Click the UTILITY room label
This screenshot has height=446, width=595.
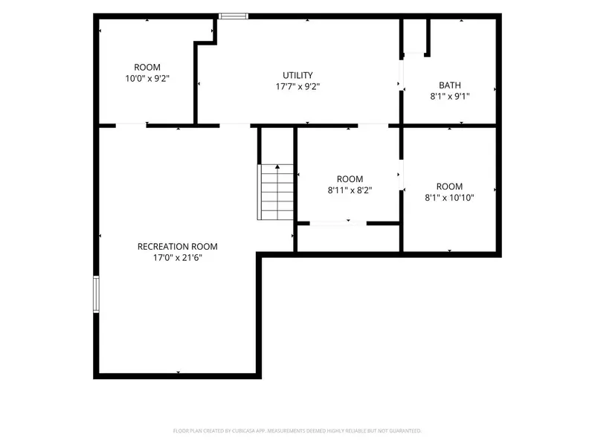coord(297,75)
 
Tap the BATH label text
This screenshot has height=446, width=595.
coord(450,85)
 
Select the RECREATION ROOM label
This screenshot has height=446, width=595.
coord(178,247)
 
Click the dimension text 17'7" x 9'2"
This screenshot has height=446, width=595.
coord(297,86)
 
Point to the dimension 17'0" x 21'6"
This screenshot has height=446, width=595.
coord(178,258)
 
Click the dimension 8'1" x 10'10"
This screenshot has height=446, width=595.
coord(449,198)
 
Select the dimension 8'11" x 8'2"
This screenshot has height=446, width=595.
coord(350,190)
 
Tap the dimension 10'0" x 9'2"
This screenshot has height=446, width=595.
coord(147,79)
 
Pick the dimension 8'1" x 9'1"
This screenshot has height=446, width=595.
coord(450,97)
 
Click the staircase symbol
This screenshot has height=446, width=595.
coord(276,192)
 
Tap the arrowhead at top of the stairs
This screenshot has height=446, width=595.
coord(277,167)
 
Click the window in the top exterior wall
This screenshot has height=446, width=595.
coord(234,16)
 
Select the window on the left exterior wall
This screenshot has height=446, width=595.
coord(96,294)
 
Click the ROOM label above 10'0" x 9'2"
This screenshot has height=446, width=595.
coord(147,67)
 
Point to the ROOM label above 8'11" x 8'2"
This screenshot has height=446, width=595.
coord(350,178)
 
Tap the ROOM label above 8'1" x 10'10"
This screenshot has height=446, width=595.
coord(449,187)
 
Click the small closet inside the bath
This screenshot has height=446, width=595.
coord(414,36)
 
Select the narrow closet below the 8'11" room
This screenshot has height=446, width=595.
coord(348,238)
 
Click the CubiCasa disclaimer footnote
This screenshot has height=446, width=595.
coord(297,431)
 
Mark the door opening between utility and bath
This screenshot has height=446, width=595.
coord(401,75)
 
